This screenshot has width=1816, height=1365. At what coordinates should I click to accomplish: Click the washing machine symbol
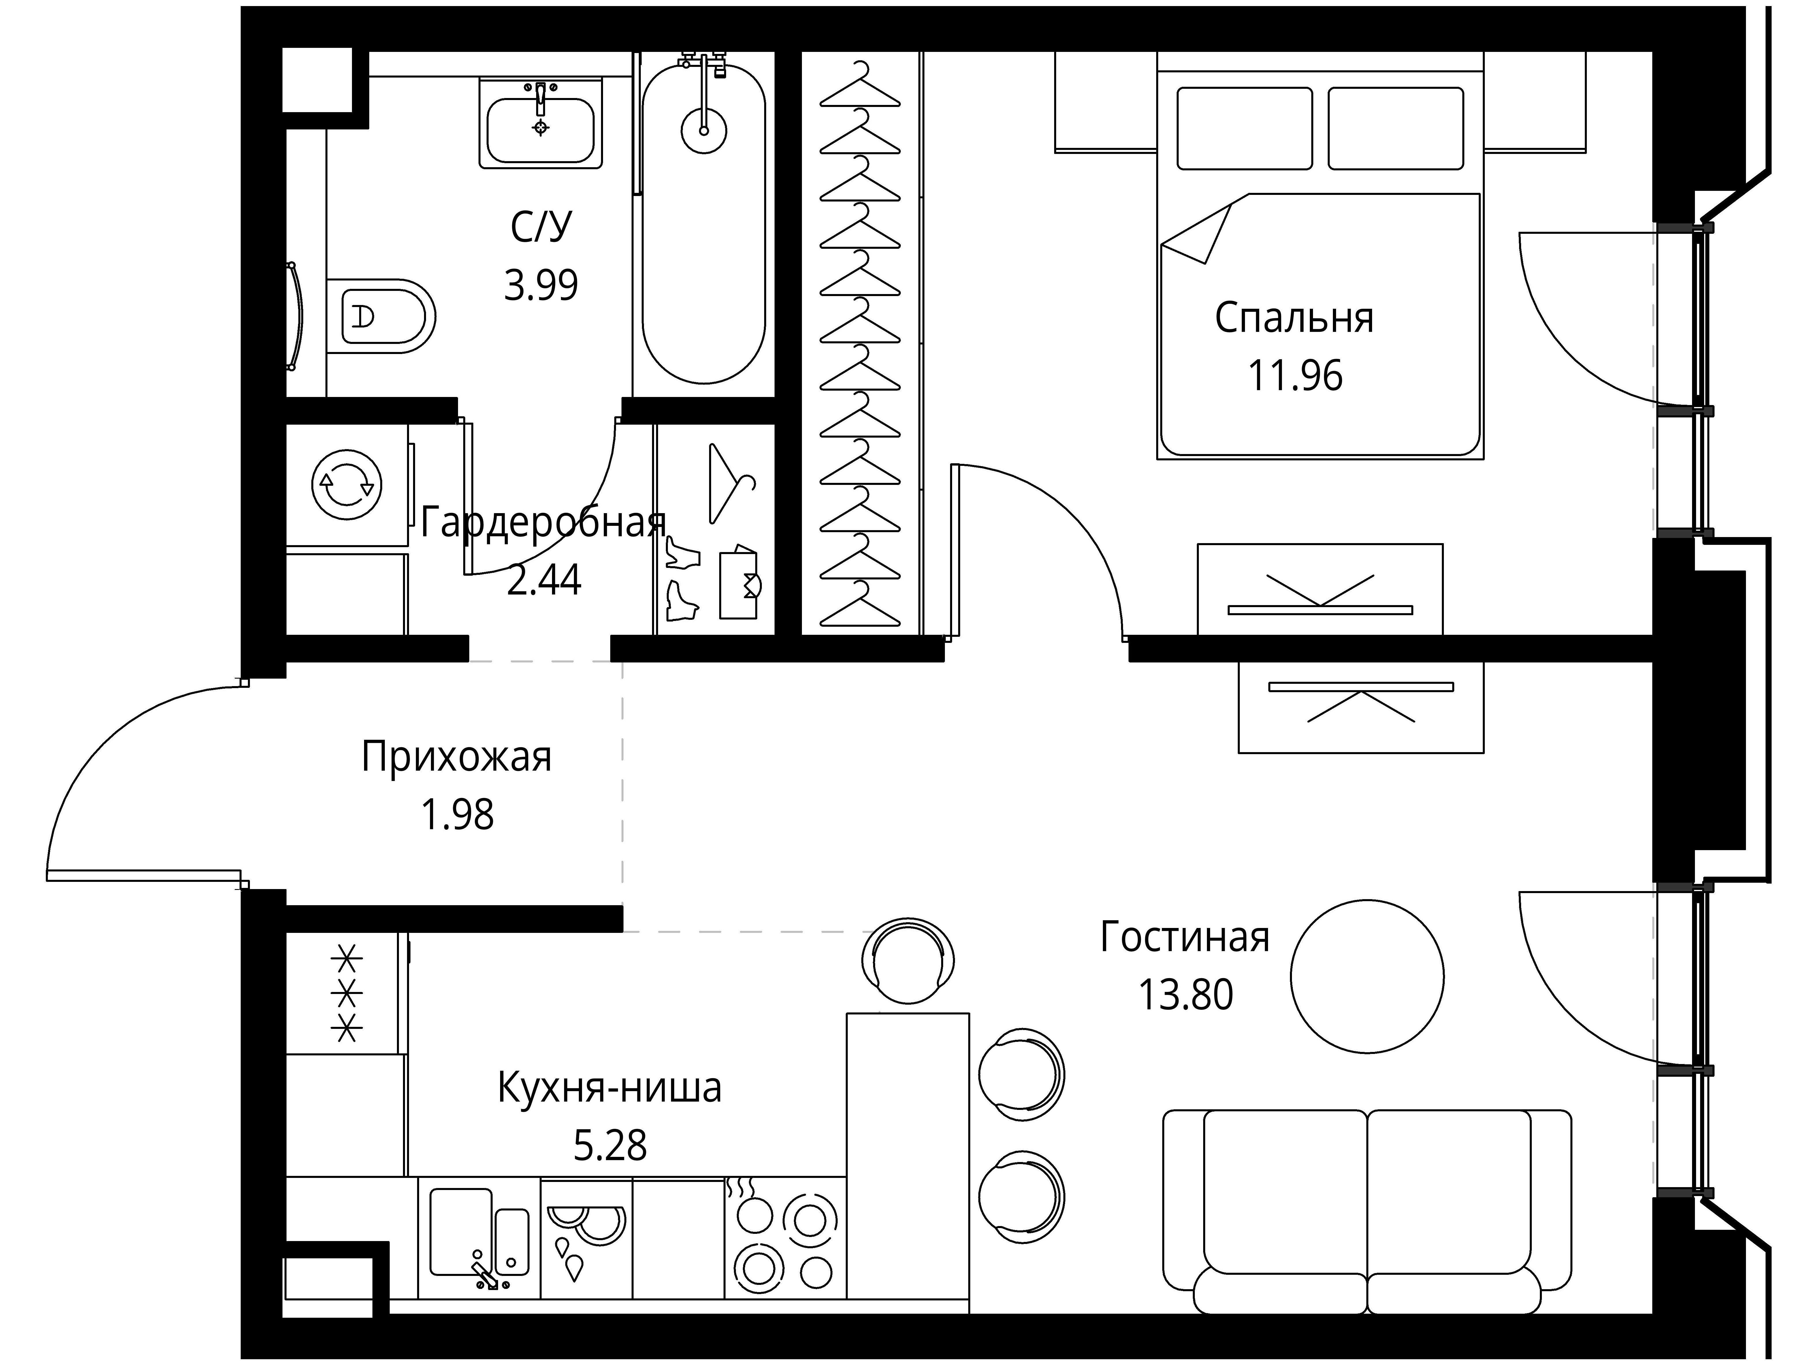(347, 485)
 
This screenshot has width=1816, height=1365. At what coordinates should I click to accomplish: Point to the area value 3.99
(541, 285)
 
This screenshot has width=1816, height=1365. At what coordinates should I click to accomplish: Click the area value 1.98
(457, 815)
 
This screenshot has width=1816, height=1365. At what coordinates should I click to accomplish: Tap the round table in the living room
(1367, 976)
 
